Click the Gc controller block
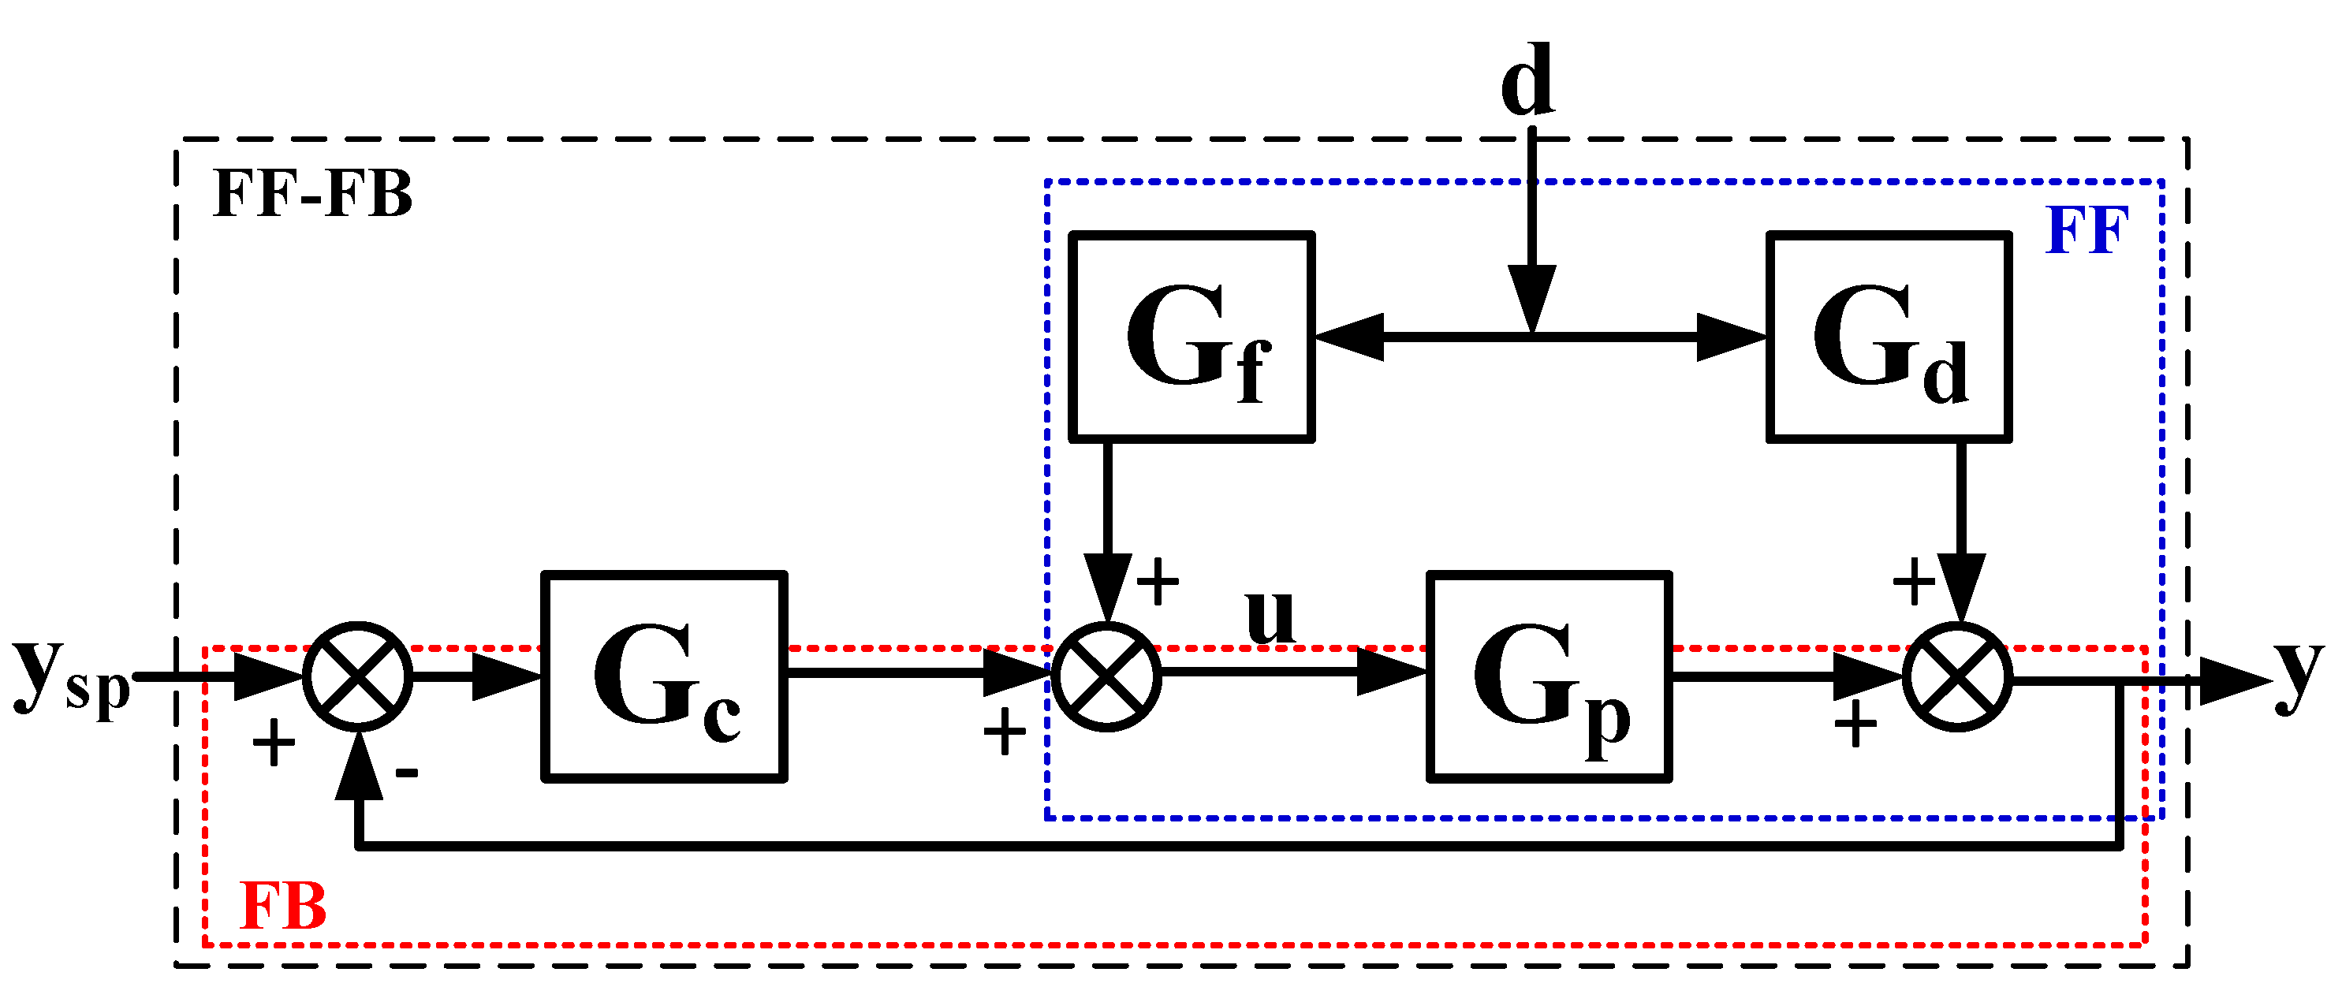(x=665, y=676)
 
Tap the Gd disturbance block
(x=1889, y=337)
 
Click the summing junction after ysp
(x=357, y=676)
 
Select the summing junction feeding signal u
(x=1106, y=676)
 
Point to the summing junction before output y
(x=1957, y=676)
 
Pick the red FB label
(x=283, y=907)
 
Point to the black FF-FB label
(x=311, y=194)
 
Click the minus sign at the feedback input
(x=406, y=773)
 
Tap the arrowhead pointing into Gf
(x=1350, y=337)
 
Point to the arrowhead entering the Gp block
(x=1390, y=672)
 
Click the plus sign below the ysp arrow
(x=274, y=743)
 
